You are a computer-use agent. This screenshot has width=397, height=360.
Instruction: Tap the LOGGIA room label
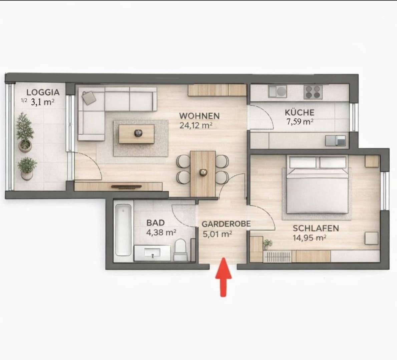43,92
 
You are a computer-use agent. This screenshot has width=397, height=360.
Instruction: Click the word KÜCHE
299,112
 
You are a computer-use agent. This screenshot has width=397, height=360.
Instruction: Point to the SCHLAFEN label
316,228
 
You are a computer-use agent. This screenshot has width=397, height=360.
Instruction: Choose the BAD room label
155,222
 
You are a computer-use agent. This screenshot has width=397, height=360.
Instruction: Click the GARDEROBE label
226,224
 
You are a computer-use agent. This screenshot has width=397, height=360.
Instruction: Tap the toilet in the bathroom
180,250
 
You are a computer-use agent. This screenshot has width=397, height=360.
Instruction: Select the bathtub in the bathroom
123,230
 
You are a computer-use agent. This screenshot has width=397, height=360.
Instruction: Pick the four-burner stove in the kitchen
313,92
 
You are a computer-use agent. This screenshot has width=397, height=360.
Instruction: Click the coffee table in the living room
137,134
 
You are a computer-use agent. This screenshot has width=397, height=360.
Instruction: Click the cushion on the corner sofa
89,97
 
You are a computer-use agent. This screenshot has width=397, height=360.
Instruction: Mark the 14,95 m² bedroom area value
309,238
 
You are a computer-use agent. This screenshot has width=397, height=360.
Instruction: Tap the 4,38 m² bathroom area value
161,232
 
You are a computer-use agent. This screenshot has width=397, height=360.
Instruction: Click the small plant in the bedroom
267,244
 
